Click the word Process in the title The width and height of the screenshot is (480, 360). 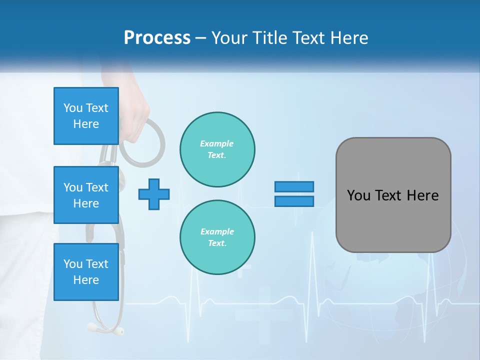pos(157,38)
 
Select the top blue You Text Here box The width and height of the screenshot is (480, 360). pos(86,116)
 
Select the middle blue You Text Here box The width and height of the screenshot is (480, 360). pos(86,195)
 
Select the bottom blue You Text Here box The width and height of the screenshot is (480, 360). pos(86,272)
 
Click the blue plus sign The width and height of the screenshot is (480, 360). pos(154,194)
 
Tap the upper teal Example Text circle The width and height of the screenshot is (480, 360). pos(217,149)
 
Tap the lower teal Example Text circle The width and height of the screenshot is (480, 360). pos(217,237)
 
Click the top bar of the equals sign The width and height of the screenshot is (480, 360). pos(294,186)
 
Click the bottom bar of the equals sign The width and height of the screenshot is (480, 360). pos(294,201)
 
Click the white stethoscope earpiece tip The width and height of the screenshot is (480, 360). pos(118,330)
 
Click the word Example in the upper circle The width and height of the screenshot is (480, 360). pos(217,143)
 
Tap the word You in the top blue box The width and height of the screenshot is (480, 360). pos(72,108)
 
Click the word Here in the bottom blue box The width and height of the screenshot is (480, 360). pos(86,280)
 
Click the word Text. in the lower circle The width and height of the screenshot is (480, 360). pos(217,243)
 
